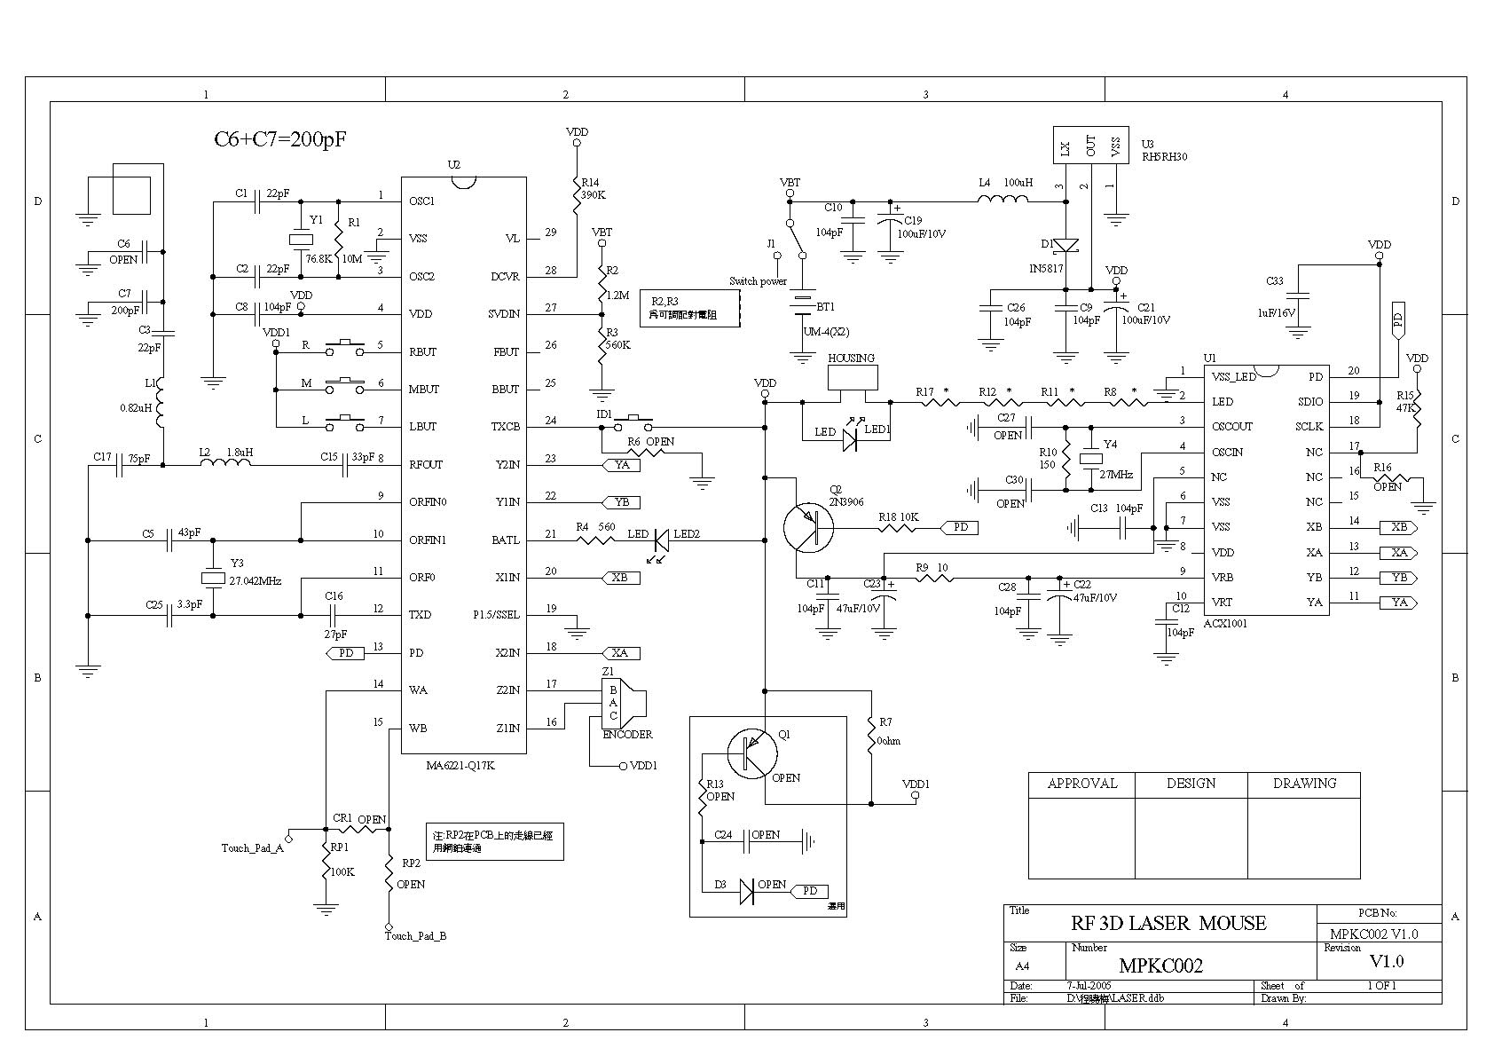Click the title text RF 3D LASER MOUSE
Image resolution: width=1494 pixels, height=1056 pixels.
click(1168, 923)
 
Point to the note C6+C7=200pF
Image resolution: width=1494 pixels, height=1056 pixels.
click(279, 140)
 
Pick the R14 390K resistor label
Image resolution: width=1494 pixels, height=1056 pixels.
click(593, 187)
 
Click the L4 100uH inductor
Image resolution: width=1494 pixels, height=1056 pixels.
click(1003, 201)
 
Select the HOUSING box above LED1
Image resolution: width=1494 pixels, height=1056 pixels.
click(852, 379)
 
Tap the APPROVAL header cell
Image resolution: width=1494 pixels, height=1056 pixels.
click(1081, 784)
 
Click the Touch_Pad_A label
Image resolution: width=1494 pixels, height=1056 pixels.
click(252, 847)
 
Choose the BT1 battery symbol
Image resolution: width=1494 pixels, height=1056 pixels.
click(803, 304)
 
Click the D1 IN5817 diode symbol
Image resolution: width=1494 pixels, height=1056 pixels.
click(1066, 245)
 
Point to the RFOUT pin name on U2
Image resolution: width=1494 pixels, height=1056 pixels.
click(426, 464)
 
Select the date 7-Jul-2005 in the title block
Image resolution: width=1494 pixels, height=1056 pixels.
click(1089, 986)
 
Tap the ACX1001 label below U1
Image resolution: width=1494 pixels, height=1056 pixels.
click(1225, 624)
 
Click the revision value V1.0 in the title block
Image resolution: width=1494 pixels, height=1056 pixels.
click(1386, 961)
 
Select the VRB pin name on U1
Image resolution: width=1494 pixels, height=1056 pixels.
click(1222, 578)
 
